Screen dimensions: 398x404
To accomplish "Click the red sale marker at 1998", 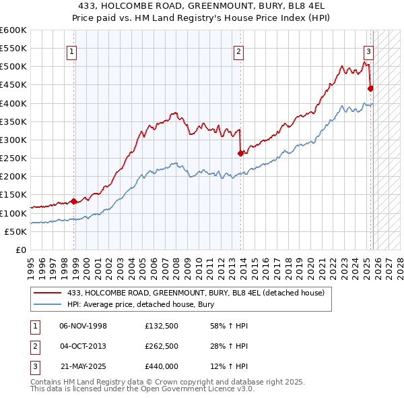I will coord(73,201).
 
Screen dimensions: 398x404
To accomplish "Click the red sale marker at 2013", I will coord(240,153).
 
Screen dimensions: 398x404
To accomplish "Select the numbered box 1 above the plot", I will coord(71,50).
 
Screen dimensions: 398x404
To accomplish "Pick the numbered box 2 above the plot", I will coord(238,50).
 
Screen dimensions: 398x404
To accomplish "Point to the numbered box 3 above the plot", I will coord(368,50).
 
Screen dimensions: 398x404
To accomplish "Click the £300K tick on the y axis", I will coord(13,140).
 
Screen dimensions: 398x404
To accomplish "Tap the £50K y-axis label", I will coord(16,231).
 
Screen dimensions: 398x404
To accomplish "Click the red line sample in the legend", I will coord(48,293).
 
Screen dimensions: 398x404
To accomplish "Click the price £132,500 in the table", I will coord(161,326).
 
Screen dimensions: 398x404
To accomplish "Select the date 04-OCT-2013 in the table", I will coord(83,346).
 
